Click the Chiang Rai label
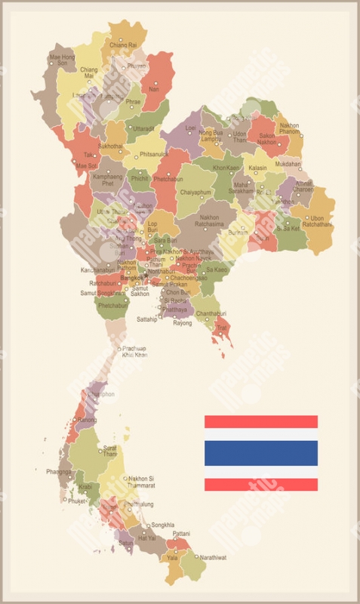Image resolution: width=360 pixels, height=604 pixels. (123, 45)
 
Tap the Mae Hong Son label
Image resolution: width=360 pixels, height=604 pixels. (62, 60)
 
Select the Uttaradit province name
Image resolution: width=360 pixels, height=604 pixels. (143, 129)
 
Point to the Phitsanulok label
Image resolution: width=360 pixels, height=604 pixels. (155, 154)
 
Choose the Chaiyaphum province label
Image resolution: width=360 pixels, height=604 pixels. (196, 192)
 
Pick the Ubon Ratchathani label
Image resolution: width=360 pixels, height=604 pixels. (316, 221)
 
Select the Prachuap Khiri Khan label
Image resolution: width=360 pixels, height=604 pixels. (135, 351)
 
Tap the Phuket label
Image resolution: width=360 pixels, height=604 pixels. (77, 501)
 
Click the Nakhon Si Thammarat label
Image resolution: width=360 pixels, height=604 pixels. (141, 482)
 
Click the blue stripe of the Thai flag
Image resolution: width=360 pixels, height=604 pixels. (260, 453)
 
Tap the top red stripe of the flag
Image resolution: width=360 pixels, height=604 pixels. (260, 421)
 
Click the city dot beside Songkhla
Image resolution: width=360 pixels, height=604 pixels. (148, 525)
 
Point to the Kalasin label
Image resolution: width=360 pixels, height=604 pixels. (258, 168)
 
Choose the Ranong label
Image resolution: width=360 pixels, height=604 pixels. (87, 420)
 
